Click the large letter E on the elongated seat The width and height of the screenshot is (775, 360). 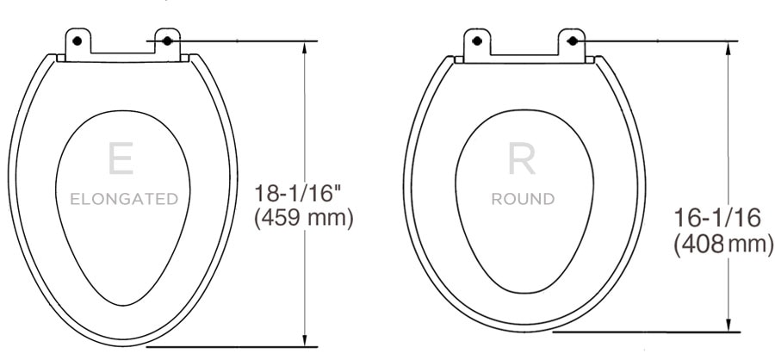pos(120,161)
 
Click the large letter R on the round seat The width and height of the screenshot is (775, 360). pos(522,160)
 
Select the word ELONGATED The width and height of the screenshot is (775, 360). pos(124,200)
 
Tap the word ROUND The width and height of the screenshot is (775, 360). pos(523,200)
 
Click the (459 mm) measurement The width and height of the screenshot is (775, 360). pos(304,218)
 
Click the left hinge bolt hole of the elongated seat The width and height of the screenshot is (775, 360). pos(77,40)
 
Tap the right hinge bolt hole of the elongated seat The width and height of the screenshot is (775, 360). pos(166,40)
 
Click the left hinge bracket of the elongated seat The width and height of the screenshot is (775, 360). pos(78,46)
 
